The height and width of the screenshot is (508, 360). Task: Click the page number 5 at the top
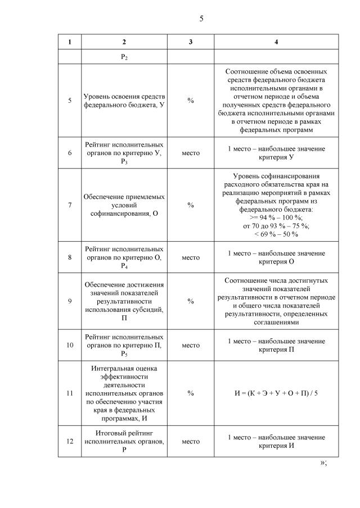coord(201,19)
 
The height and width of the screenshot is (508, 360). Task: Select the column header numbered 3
coord(191,42)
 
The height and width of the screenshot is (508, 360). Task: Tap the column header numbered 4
coord(276,42)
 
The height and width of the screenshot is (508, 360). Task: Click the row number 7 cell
coord(70,205)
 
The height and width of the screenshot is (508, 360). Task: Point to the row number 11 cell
coord(70,393)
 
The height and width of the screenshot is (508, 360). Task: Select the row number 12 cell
coord(70,441)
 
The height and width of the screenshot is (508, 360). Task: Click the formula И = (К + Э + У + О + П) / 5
coord(276,393)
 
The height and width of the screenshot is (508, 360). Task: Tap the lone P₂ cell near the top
coord(124,58)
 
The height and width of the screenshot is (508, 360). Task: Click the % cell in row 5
coord(191,101)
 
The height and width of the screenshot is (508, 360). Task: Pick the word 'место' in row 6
coord(191,153)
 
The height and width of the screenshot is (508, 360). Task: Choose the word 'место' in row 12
coord(191,441)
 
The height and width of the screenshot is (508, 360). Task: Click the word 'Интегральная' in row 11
coord(124,369)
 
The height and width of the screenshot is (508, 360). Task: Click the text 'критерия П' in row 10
coord(276,350)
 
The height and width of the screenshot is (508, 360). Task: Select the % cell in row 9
coord(191,301)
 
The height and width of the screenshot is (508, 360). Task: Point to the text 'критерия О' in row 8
coord(276,262)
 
